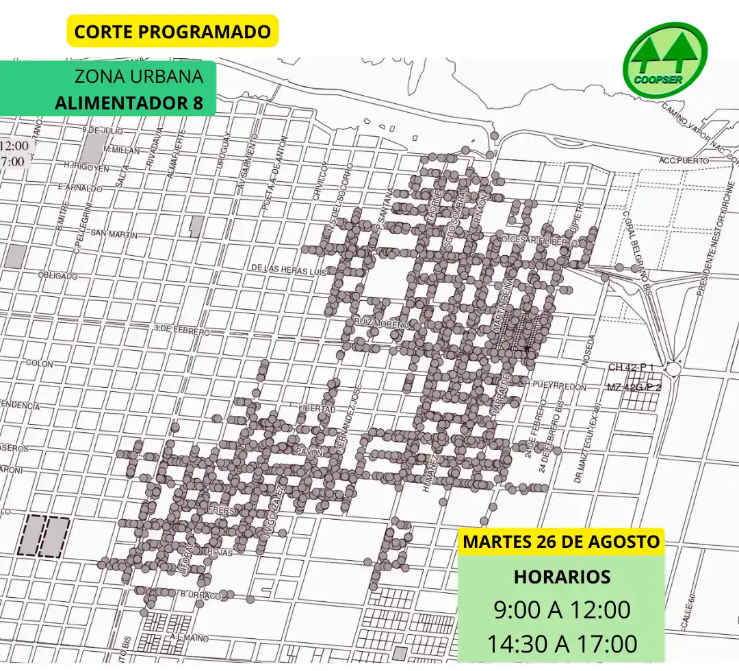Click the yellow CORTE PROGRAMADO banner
pos(172,31)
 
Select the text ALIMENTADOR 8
pos(129,103)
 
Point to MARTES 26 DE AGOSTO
pos(561,542)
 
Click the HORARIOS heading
pos(561,577)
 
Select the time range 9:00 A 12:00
pos(561,609)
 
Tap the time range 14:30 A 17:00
pos(561,644)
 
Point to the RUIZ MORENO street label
pos(381,321)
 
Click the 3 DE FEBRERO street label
pos(182,330)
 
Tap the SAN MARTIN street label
pos(114,234)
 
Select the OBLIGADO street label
pos(57,276)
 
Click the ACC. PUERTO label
pos(684,160)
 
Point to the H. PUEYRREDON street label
pos(556,386)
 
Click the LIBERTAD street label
pos(317,408)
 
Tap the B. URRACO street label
pos(200,596)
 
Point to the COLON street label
pos(39,363)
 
